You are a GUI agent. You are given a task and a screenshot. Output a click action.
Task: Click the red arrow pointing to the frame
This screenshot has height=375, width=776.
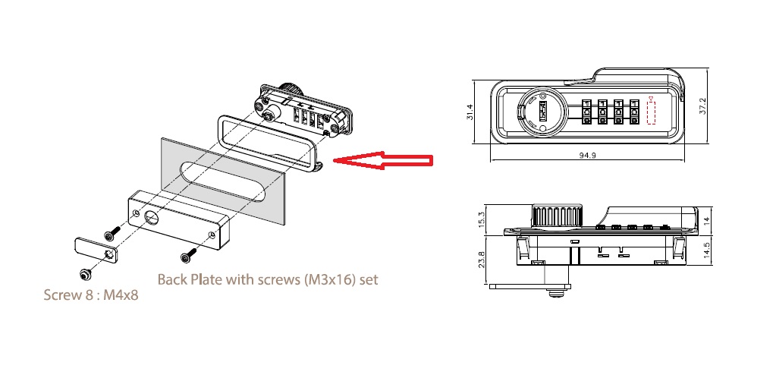[x=383, y=160]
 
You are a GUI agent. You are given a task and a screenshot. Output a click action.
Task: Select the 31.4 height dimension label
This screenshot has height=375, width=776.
[x=470, y=112]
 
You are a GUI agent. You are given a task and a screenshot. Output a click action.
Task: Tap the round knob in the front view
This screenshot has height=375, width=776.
[x=540, y=112]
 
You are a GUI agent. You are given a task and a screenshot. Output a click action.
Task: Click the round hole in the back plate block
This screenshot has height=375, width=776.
[x=150, y=219]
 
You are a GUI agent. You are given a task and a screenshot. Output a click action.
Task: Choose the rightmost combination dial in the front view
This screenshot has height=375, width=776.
[x=633, y=112]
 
